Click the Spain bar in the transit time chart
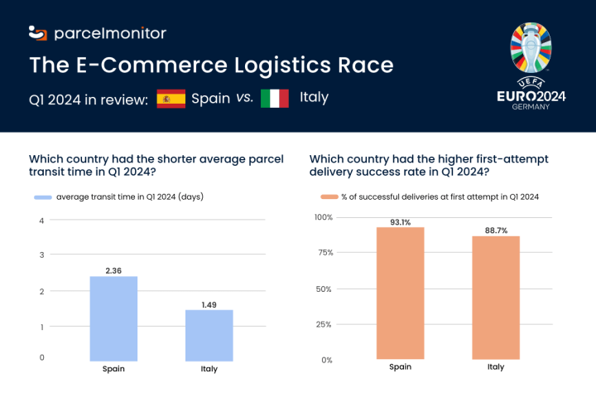(x=113, y=318)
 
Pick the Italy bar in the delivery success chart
(x=496, y=298)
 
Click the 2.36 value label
(x=113, y=270)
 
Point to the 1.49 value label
(x=209, y=304)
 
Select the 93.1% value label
(x=400, y=221)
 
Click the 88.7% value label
(x=496, y=230)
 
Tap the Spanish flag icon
(x=171, y=98)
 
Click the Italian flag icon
(x=275, y=98)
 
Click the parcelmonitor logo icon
(x=38, y=33)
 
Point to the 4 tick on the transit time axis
(x=41, y=221)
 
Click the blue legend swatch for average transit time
(x=42, y=197)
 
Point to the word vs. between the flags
(x=245, y=98)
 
